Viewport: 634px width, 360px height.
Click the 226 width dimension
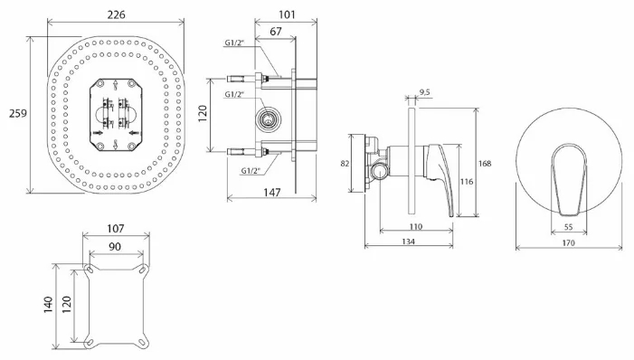click(x=116, y=14)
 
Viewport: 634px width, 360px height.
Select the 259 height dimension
click(x=18, y=113)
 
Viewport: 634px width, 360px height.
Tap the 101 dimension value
click(x=287, y=14)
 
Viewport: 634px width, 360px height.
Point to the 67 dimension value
click(x=275, y=32)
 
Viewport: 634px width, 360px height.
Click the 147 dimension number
click(x=271, y=193)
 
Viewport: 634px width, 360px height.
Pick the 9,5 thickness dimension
click(x=425, y=92)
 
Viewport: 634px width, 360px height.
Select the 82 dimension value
click(x=345, y=164)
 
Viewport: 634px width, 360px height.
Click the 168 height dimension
click(x=485, y=164)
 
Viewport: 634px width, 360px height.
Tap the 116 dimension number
click(x=467, y=182)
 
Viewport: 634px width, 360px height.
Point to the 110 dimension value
click(x=416, y=226)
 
